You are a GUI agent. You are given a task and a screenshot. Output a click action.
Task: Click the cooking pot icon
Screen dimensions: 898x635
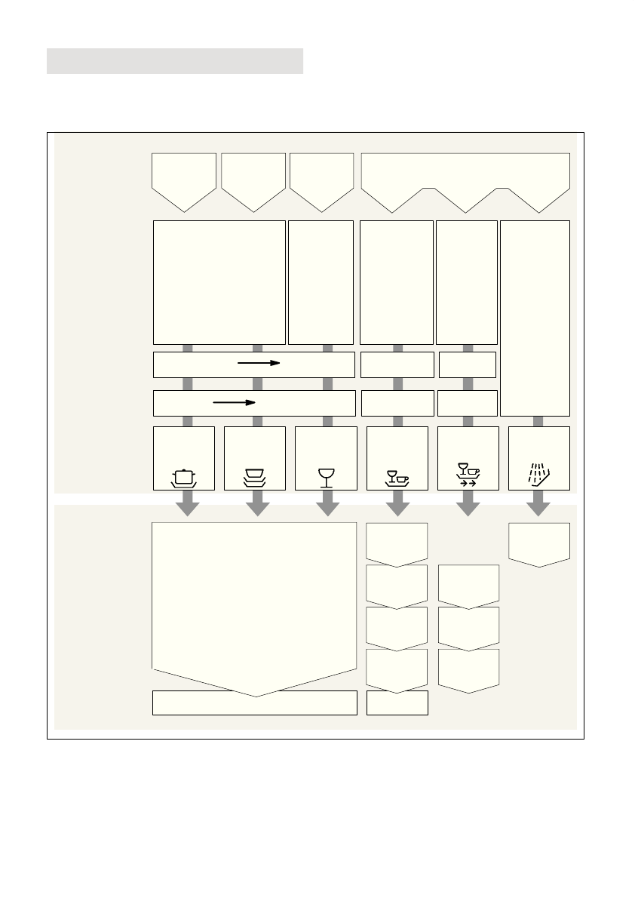tap(184, 477)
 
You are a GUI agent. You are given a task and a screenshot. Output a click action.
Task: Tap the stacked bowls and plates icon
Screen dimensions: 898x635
tap(255, 477)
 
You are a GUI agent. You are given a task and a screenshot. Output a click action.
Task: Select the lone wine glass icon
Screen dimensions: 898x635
tap(326, 478)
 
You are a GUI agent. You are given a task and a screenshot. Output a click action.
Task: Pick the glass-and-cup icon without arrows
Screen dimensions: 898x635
tap(397, 478)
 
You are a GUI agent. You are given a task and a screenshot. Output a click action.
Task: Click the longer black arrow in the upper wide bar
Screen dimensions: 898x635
tap(259, 363)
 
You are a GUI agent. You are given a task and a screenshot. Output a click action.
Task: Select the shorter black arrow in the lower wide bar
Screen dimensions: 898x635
tap(234, 402)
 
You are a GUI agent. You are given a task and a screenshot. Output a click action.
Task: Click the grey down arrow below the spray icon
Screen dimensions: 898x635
tap(538, 503)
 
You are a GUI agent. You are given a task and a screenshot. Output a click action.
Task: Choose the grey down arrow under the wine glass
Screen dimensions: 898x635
tap(327, 503)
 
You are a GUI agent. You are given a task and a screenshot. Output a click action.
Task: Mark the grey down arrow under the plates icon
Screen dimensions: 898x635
tap(257, 503)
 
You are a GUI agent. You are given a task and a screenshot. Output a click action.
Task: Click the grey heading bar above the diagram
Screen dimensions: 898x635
tap(175, 61)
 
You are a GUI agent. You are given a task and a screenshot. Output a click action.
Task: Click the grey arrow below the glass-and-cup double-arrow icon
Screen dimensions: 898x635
tap(468, 503)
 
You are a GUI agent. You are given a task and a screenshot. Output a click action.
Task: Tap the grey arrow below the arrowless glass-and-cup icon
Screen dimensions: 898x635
tap(397, 503)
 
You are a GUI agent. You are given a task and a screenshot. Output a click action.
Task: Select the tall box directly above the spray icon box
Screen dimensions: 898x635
tap(535, 317)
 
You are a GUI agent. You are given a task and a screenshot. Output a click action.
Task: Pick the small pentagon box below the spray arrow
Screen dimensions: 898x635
tap(538, 542)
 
